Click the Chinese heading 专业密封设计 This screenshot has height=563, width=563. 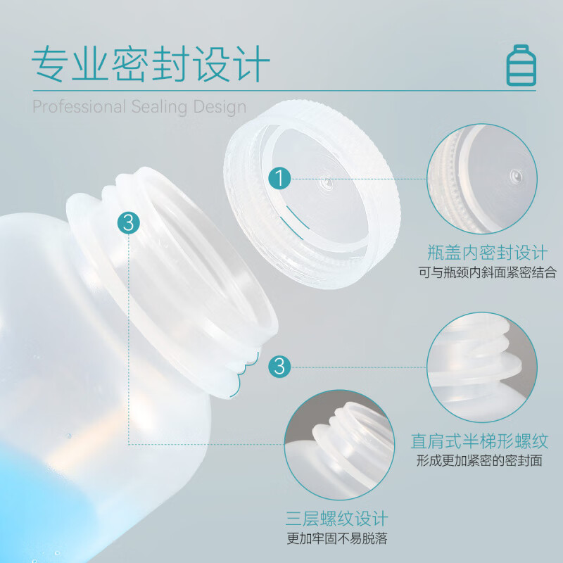[151, 65]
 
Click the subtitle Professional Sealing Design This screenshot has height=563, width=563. [139, 107]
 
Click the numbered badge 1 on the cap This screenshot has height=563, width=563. [280, 178]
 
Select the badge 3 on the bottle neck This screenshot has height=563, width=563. [128, 223]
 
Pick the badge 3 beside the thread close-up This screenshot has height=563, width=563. [280, 366]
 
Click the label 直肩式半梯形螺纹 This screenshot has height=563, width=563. [480, 441]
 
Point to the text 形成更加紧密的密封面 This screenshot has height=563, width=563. [480, 462]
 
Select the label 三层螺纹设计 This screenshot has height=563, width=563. [337, 519]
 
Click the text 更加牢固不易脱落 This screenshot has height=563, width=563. [337, 540]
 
